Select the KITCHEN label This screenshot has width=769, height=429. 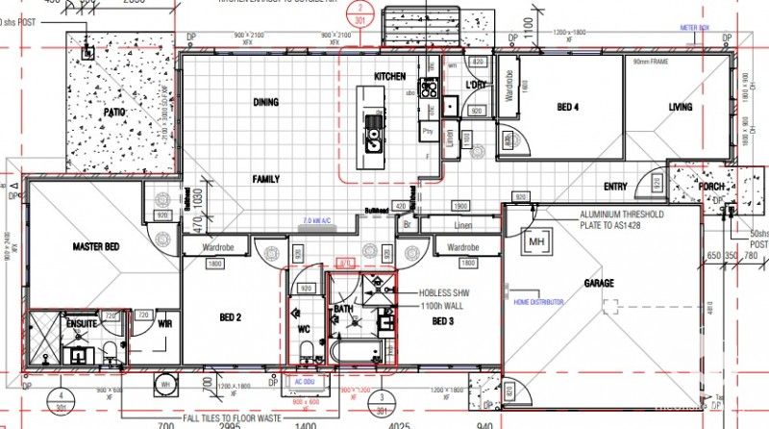pyautogui.click(x=389, y=76)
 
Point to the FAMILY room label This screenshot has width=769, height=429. pyautogui.click(x=266, y=180)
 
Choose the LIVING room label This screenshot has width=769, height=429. pyautogui.click(x=681, y=107)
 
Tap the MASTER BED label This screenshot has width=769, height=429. pyautogui.click(x=96, y=247)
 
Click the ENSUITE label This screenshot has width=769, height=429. pyautogui.click(x=82, y=324)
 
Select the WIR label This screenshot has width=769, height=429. pyautogui.click(x=163, y=324)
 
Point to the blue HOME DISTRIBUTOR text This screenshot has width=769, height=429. pyautogui.click(x=539, y=302)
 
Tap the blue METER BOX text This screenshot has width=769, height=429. pyautogui.click(x=695, y=28)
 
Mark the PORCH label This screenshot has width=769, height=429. pyautogui.click(x=711, y=187)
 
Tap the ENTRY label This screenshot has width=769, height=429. pyautogui.click(x=615, y=187)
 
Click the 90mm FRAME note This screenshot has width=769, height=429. pyautogui.click(x=652, y=62)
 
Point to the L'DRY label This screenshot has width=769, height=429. pyautogui.click(x=476, y=85)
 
